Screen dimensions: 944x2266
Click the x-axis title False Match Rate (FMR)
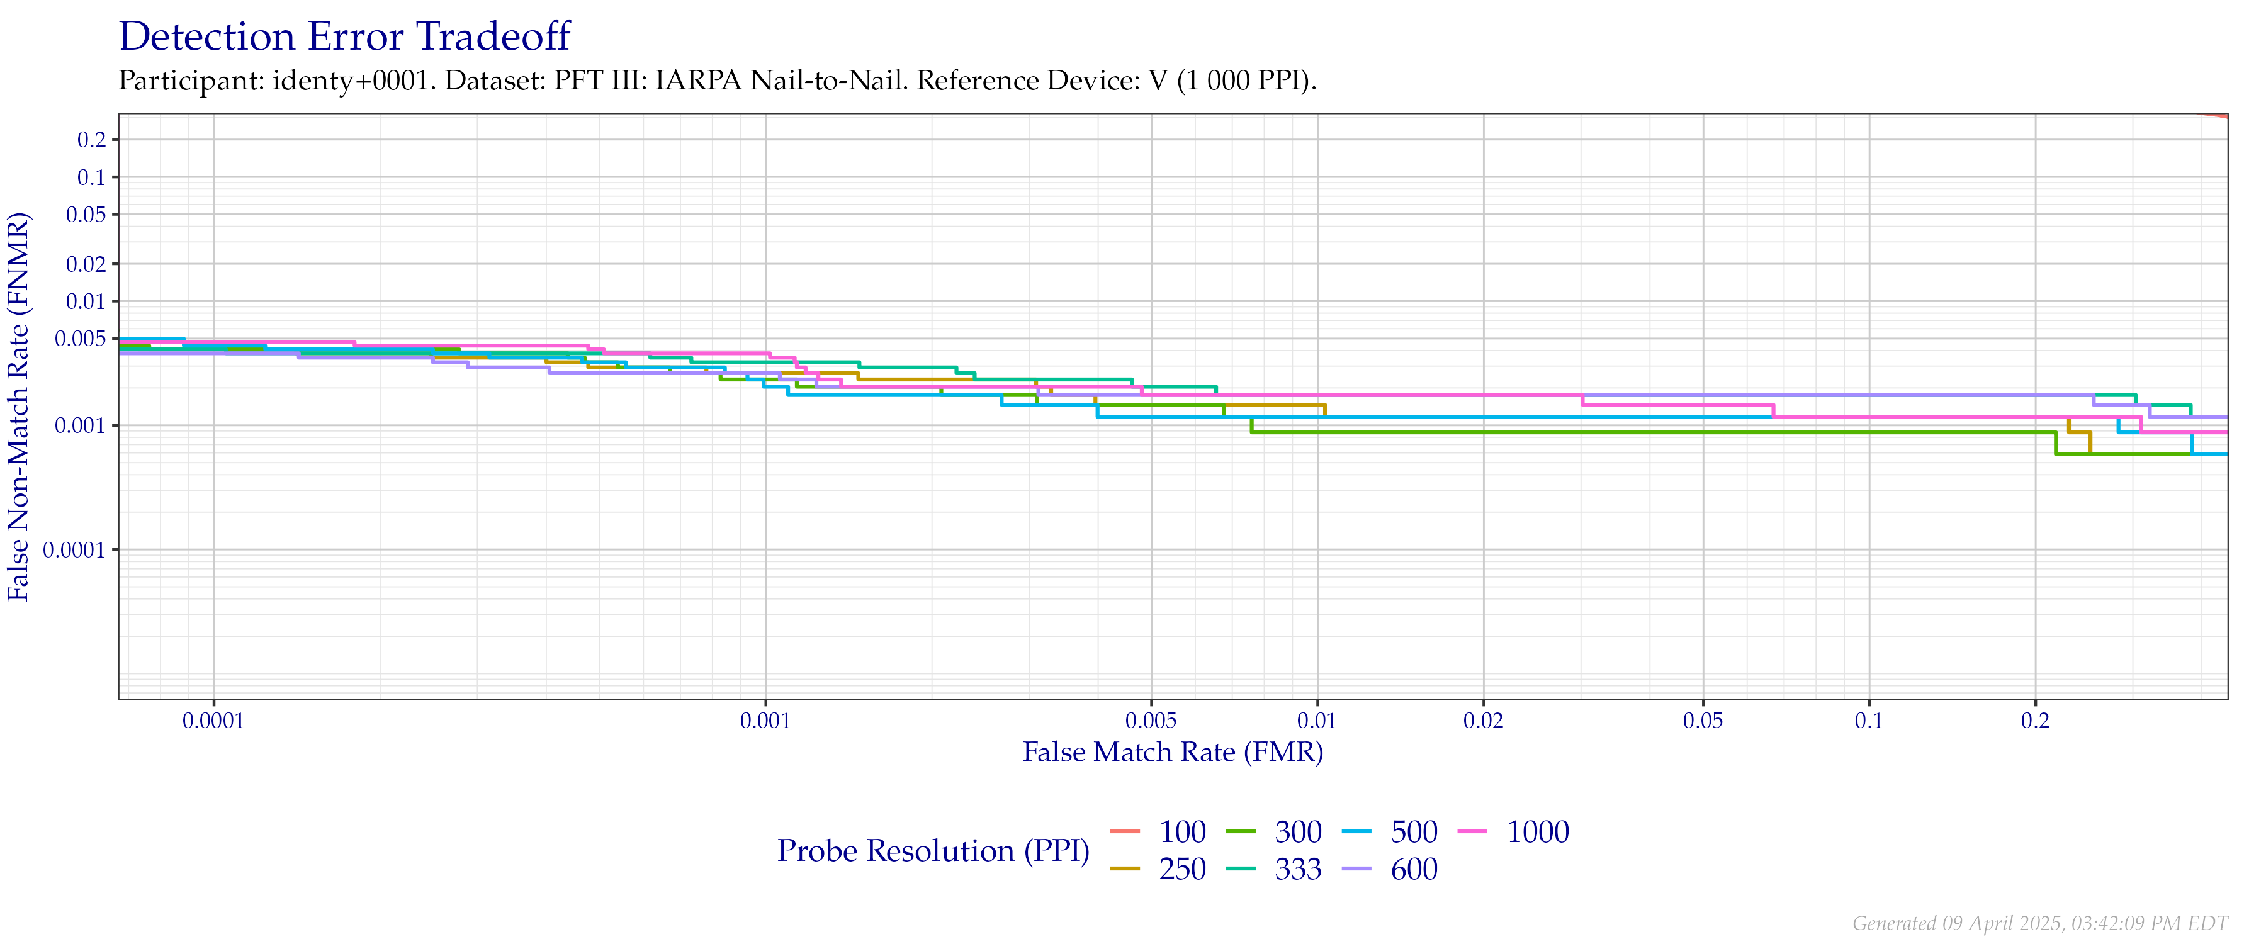tap(1173, 752)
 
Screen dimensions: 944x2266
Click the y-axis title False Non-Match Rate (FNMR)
tap(20, 407)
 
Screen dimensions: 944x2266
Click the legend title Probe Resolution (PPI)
tap(933, 851)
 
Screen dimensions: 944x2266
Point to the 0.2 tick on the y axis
tap(93, 140)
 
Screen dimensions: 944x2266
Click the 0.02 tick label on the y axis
tap(86, 264)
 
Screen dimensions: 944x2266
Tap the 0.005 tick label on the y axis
tap(81, 339)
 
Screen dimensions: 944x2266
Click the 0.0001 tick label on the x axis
tap(214, 722)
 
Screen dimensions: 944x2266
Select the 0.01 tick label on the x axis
tap(1317, 722)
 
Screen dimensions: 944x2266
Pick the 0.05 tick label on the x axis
tap(1703, 722)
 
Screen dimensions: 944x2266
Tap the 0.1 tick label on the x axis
tap(1869, 722)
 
